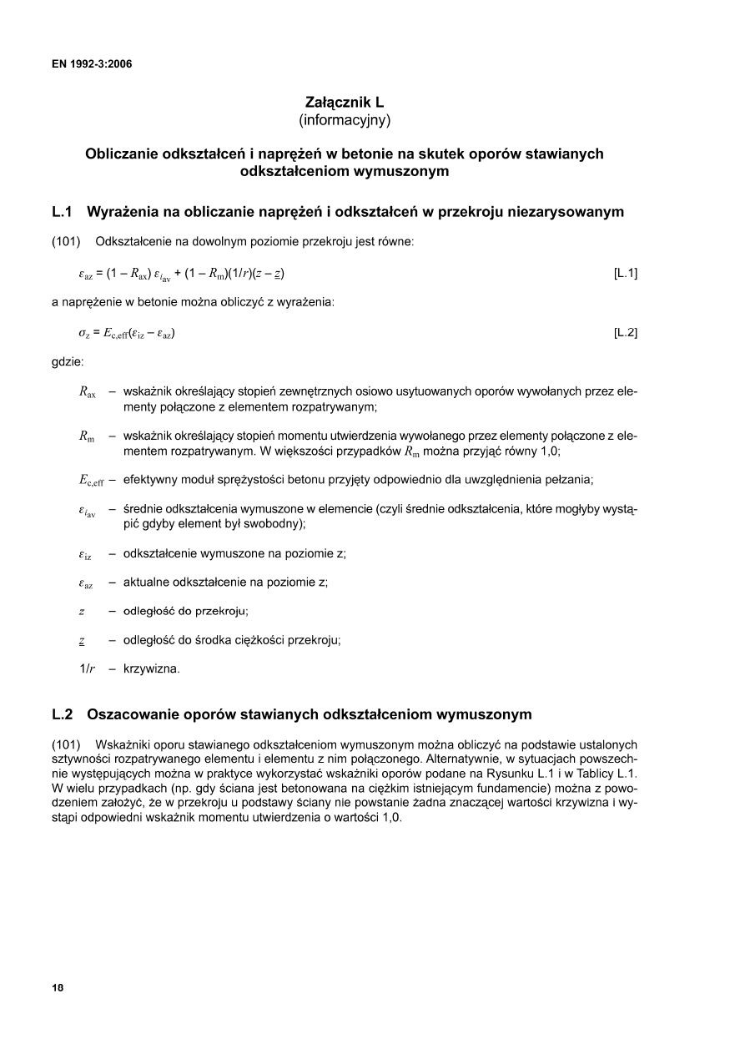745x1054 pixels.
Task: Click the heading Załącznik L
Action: tap(345, 103)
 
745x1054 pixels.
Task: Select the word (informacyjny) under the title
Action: tap(345, 120)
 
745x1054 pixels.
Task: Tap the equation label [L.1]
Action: tap(625, 272)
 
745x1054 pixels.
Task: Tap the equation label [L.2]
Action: tap(625, 333)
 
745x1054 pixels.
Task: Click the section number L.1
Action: tap(63, 212)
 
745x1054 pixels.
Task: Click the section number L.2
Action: tap(63, 714)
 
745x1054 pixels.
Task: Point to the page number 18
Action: tap(58, 987)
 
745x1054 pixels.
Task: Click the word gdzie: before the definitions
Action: tap(68, 362)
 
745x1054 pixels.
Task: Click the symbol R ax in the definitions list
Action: tap(87, 391)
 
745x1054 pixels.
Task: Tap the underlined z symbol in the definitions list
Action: tap(82, 641)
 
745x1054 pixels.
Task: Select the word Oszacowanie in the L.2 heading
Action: tap(133, 714)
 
